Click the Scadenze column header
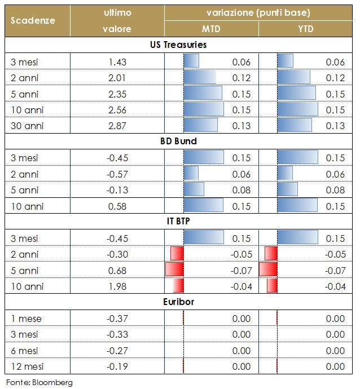click(x=33, y=20)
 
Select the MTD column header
click(x=212, y=29)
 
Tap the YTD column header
click(x=305, y=29)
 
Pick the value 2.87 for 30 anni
click(x=117, y=126)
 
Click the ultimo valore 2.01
click(x=117, y=77)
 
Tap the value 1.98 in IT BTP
click(x=117, y=286)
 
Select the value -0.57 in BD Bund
click(x=117, y=174)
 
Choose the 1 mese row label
click(x=26, y=319)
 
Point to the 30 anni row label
click(x=28, y=126)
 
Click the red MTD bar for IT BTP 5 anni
click(x=175, y=270)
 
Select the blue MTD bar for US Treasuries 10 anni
click(x=203, y=109)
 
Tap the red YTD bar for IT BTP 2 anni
click(x=271, y=254)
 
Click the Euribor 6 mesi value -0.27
click(x=117, y=351)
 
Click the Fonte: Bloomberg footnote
click(x=39, y=382)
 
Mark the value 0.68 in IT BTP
click(x=117, y=270)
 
